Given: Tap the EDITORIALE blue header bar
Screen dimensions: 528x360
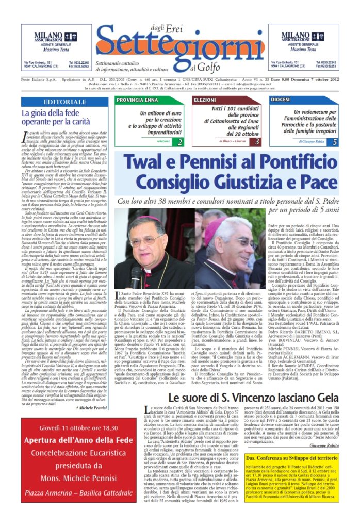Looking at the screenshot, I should click(x=65, y=102).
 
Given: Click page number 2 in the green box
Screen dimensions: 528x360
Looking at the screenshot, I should click(x=179, y=141).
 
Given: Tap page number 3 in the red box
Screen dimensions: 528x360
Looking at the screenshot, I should click(x=257, y=141).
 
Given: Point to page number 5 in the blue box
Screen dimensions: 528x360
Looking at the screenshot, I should click(x=334, y=141).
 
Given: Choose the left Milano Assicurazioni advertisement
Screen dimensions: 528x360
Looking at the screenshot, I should click(x=56, y=46).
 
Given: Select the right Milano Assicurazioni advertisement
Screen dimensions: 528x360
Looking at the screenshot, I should click(x=303, y=46).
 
